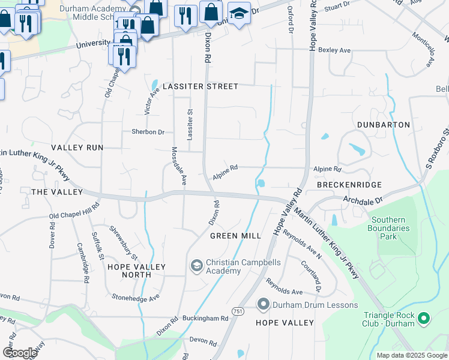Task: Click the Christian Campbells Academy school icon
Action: tap(196, 265)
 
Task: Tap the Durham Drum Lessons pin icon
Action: tap(263, 305)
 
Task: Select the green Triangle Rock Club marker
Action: tap(424, 318)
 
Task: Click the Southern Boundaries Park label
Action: tap(391, 228)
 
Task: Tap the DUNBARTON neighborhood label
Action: tap(383, 125)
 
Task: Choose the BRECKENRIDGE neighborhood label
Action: tap(349, 185)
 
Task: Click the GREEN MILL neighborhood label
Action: tap(235, 236)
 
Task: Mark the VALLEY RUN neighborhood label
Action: tap(77, 148)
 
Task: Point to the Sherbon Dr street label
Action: tap(148, 132)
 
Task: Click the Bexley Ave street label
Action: tap(334, 50)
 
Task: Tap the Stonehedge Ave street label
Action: tap(135, 297)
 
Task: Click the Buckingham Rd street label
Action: tap(208, 318)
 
